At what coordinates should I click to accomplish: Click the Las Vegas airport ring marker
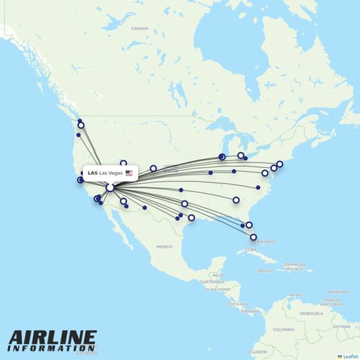(x=109, y=187)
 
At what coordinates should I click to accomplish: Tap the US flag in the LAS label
(x=130, y=174)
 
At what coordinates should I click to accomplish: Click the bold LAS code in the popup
(x=92, y=174)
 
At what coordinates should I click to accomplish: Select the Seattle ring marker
(x=81, y=125)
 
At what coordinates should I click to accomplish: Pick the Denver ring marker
(x=153, y=168)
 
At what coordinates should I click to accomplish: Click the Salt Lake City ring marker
(x=123, y=163)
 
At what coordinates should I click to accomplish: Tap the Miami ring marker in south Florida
(x=253, y=236)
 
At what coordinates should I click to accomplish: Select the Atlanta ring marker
(x=236, y=199)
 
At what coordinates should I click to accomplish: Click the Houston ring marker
(x=192, y=217)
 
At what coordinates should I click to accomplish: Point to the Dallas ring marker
(x=184, y=203)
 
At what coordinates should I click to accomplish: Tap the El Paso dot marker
(x=145, y=208)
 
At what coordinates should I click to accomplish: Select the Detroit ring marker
(x=240, y=156)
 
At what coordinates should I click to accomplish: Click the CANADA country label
(x=139, y=29)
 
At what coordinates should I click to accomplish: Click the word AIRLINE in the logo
(x=53, y=338)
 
